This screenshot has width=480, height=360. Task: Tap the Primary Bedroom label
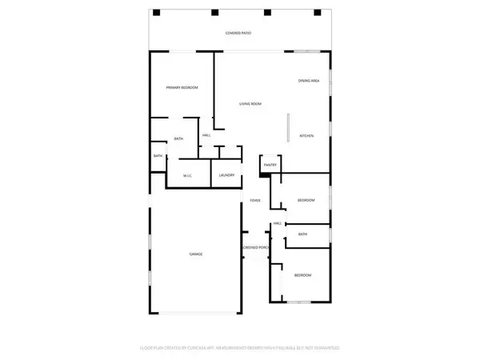(182, 87)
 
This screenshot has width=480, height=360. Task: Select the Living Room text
(250, 104)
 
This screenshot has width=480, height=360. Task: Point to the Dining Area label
(310, 81)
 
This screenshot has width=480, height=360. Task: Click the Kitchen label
(306, 137)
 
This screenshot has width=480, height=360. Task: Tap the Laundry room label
(226, 175)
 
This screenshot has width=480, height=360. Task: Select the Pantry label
(270, 165)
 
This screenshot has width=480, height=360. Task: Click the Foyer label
(255, 200)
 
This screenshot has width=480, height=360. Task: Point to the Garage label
(195, 254)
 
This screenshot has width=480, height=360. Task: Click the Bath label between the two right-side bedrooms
(302, 234)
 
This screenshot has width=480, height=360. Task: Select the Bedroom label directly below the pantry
(306, 200)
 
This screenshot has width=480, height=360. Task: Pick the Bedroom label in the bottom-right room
(302, 275)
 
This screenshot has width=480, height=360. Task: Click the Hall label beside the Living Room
(206, 135)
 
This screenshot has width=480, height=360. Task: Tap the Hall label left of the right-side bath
(278, 223)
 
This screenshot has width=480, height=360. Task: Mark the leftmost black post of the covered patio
(157, 12)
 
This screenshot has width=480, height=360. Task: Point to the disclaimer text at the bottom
(240, 349)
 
